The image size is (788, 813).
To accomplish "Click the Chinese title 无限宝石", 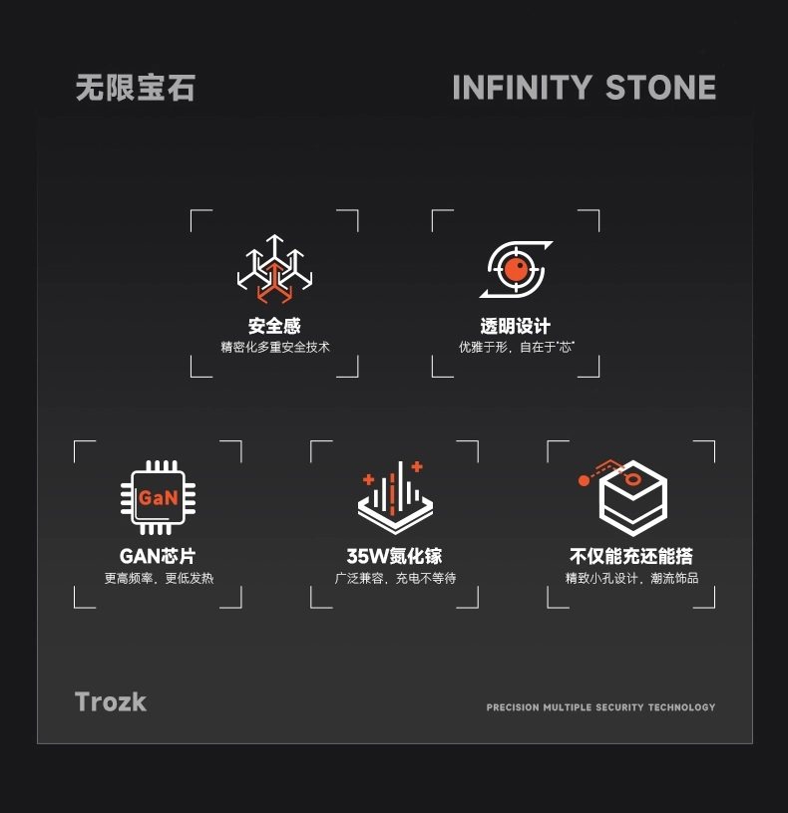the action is [x=136, y=88].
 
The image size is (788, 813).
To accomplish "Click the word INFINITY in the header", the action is [x=522, y=88].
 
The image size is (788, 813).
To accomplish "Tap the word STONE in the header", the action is [x=660, y=88].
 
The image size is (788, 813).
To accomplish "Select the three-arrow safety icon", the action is [x=274, y=268].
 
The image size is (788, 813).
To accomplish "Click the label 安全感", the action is [x=274, y=326].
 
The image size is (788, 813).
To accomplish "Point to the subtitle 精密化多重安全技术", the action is [x=274, y=348].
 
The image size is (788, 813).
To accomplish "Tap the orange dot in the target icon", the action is [x=515, y=267].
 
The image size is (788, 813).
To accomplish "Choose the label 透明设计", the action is [x=515, y=326].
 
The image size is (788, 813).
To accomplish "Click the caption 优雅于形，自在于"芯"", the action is [x=516, y=348].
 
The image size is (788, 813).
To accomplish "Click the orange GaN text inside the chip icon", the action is [x=158, y=497].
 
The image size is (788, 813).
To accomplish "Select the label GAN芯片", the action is [x=158, y=556].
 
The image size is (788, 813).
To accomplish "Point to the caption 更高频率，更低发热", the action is [x=159, y=578].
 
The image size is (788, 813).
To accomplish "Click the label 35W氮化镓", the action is [x=394, y=556].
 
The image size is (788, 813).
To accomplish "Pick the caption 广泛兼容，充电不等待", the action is [x=395, y=578].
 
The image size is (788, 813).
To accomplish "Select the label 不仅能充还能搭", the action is [x=631, y=556].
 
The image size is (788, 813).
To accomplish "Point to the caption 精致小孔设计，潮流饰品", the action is [x=631, y=578].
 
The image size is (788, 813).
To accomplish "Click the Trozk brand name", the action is [x=111, y=701].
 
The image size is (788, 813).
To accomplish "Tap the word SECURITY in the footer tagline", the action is [x=619, y=707].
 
